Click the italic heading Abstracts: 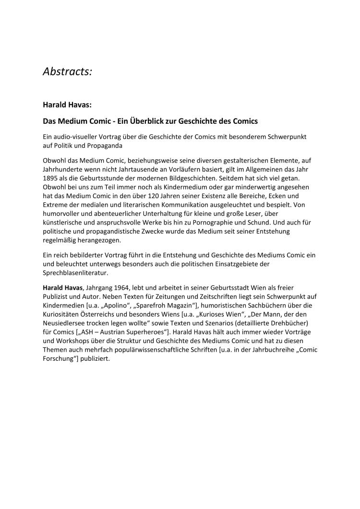67,71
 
